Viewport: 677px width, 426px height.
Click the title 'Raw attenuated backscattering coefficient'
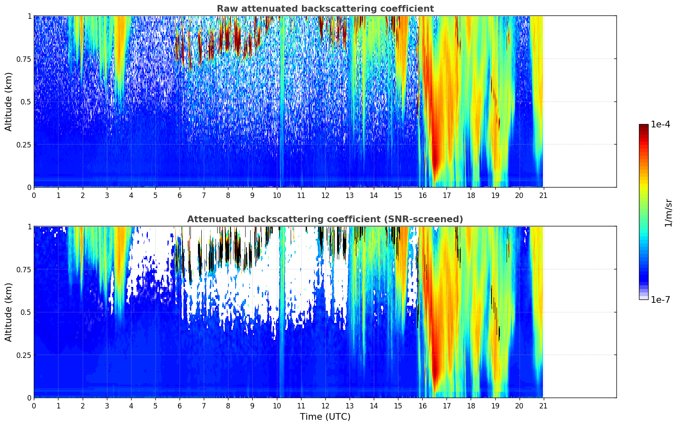point(325,9)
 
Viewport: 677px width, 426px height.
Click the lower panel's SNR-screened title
point(325,219)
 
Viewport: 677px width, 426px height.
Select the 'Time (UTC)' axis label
point(325,417)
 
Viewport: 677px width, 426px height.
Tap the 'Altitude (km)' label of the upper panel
point(9,101)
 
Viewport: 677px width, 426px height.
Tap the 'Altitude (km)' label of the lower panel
point(9,312)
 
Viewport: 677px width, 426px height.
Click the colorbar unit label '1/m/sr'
point(668,213)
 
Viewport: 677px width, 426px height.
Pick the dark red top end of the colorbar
point(644,127)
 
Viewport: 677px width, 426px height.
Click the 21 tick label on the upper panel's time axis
point(543,195)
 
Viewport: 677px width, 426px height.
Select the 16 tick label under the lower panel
point(422,406)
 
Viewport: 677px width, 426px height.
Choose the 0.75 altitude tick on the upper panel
point(23,59)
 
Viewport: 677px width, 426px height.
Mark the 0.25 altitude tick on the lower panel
point(23,355)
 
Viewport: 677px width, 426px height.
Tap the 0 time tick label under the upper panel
point(34,195)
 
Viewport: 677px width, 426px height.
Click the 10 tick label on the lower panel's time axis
point(276,406)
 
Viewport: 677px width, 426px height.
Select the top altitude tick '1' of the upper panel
point(29,16)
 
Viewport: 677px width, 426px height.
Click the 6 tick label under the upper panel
point(180,195)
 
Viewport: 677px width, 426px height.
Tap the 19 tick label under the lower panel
point(495,406)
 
